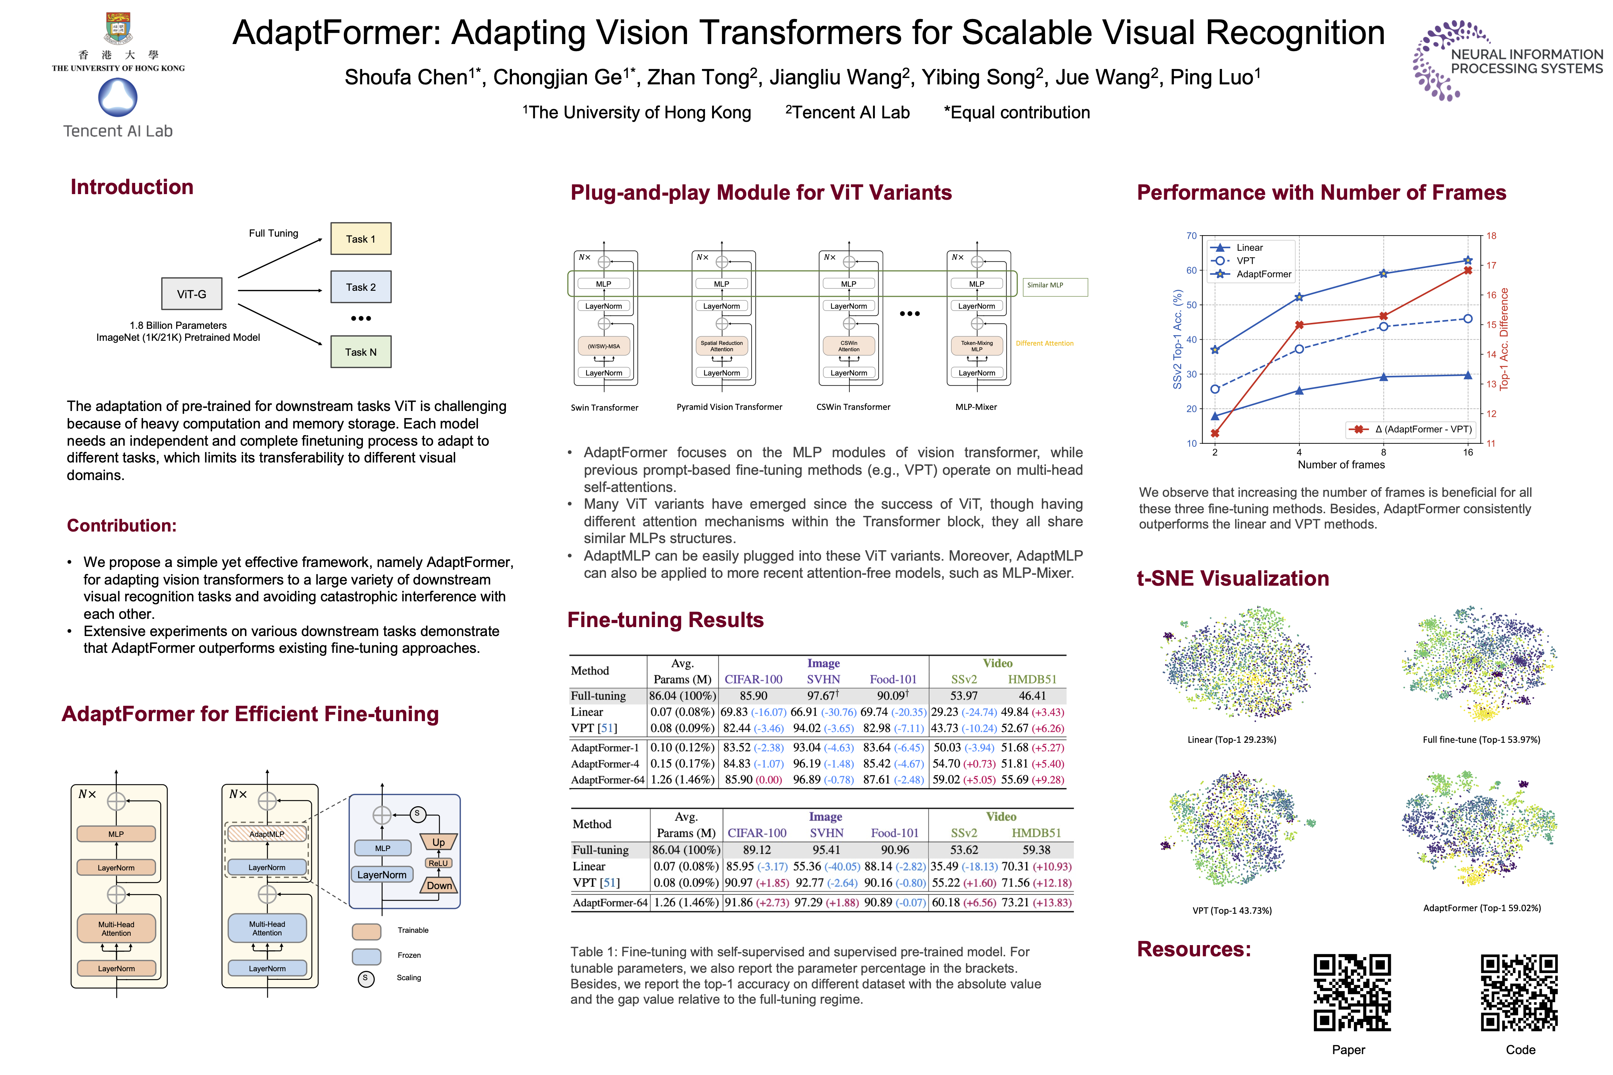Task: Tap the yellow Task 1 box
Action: [361, 239]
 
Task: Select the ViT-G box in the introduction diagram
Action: [191, 294]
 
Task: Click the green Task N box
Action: [361, 352]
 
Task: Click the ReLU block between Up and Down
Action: [438, 863]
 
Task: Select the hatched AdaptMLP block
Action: [267, 833]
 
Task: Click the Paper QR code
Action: [1352, 992]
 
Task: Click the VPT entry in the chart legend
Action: [1246, 261]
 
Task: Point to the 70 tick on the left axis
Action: [1191, 236]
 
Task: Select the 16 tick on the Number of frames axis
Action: [1468, 452]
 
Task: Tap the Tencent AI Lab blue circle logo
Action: [118, 97]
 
